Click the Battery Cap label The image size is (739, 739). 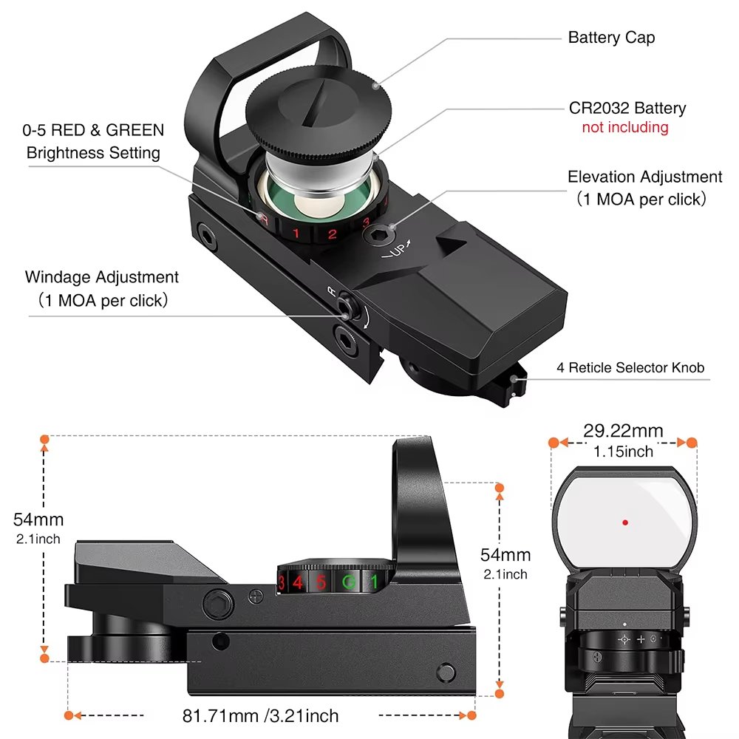[x=611, y=38]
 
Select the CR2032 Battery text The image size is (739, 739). [x=627, y=109]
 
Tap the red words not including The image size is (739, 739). [x=624, y=127]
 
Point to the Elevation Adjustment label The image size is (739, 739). [x=644, y=177]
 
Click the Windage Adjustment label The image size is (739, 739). [x=102, y=277]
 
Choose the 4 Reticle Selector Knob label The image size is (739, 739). [x=630, y=367]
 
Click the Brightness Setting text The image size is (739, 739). [x=93, y=153]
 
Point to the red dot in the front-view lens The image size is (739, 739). [x=625, y=522]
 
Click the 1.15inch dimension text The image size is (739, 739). [x=623, y=451]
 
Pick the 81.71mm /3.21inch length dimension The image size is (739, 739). [x=260, y=715]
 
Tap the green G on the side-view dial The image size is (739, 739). [x=347, y=582]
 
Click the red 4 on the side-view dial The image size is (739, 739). [x=298, y=582]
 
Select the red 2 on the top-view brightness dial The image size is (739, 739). [x=332, y=235]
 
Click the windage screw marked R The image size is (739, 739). [x=344, y=304]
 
